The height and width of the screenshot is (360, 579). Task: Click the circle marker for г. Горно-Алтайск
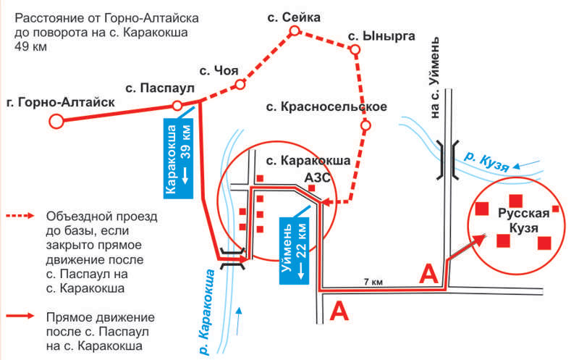[x=56, y=121]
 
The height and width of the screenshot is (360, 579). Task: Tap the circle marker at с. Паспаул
[x=177, y=106]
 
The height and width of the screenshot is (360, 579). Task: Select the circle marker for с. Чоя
[x=240, y=85]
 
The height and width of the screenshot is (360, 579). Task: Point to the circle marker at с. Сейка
[x=295, y=30]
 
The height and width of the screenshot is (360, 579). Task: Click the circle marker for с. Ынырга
[x=355, y=49]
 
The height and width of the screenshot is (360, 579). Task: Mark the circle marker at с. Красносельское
[x=365, y=125]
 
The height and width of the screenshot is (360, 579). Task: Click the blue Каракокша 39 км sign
[x=178, y=159]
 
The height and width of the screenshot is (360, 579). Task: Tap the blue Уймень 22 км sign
[x=295, y=251]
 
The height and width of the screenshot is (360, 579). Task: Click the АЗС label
[x=317, y=177]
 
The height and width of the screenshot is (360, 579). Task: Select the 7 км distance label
[x=373, y=282]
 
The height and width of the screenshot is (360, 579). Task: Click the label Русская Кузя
[x=523, y=221]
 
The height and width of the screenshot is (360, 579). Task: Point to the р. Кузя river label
[x=486, y=162]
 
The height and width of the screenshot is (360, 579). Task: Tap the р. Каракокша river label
[x=206, y=312]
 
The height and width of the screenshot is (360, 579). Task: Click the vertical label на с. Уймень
[x=436, y=78]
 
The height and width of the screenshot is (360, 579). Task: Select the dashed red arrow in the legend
[x=20, y=216]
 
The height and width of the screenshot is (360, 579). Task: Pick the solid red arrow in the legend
[x=20, y=316]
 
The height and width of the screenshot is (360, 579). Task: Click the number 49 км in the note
[x=30, y=47]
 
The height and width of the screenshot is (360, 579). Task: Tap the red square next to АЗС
[x=312, y=188]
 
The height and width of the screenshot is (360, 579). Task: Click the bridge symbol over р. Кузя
[x=447, y=159]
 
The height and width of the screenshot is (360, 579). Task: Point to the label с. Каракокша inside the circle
[x=308, y=160]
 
